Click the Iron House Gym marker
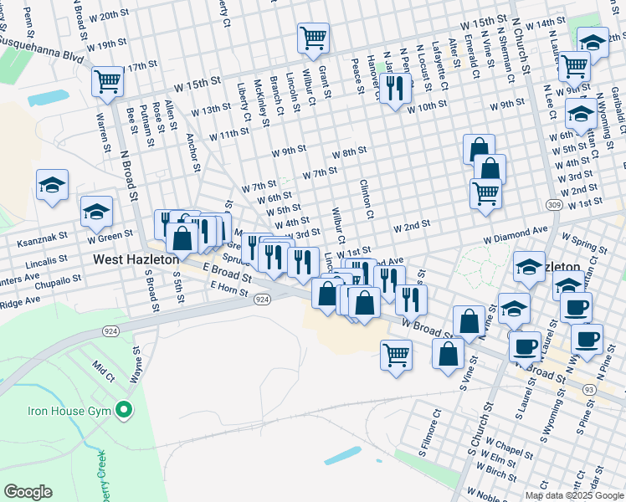point(124,411)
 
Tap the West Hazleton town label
point(136,260)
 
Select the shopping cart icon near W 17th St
point(108,82)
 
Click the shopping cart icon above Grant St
point(313,37)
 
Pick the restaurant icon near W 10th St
point(393,87)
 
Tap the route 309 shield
point(553,204)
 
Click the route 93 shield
point(589,389)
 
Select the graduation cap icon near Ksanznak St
point(52,186)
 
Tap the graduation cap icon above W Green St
point(96,212)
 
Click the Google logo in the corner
point(28,492)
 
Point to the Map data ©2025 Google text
point(574,495)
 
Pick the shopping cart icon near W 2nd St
point(486,193)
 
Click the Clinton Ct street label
point(367,199)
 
